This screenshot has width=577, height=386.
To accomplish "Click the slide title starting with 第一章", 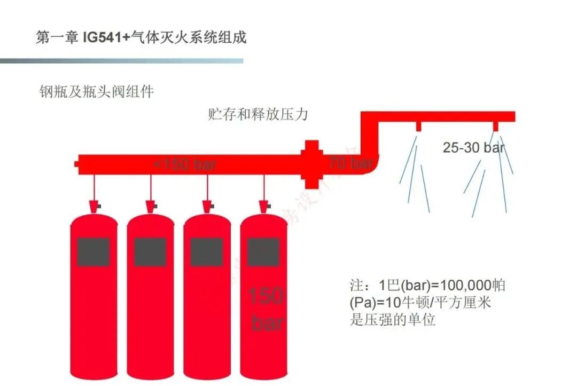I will click(x=141, y=37).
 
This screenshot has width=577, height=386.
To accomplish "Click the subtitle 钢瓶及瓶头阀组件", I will click(x=97, y=91).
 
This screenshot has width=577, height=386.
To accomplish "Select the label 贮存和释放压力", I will click(x=258, y=114).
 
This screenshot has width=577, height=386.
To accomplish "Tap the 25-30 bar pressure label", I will click(x=473, y=147).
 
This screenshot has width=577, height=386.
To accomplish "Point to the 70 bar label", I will click(x=350, y=162).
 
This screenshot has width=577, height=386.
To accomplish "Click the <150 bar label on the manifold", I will click(x=185, y=164).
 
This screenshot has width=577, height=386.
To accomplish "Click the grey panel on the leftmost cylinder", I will click(x=93, y=252).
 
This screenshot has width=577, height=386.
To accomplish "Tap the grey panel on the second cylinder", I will click(x=150, y=252).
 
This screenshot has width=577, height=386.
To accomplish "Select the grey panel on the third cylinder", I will click(x=207, y=252).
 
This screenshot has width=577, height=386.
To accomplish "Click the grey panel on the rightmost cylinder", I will click(x=263, y=252).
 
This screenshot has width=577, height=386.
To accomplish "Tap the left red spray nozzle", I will click(x=418, y=126).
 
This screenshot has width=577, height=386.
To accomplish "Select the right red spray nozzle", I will click(x=496, y=126).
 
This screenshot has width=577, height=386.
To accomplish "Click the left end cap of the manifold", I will click(x=78, y=163).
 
